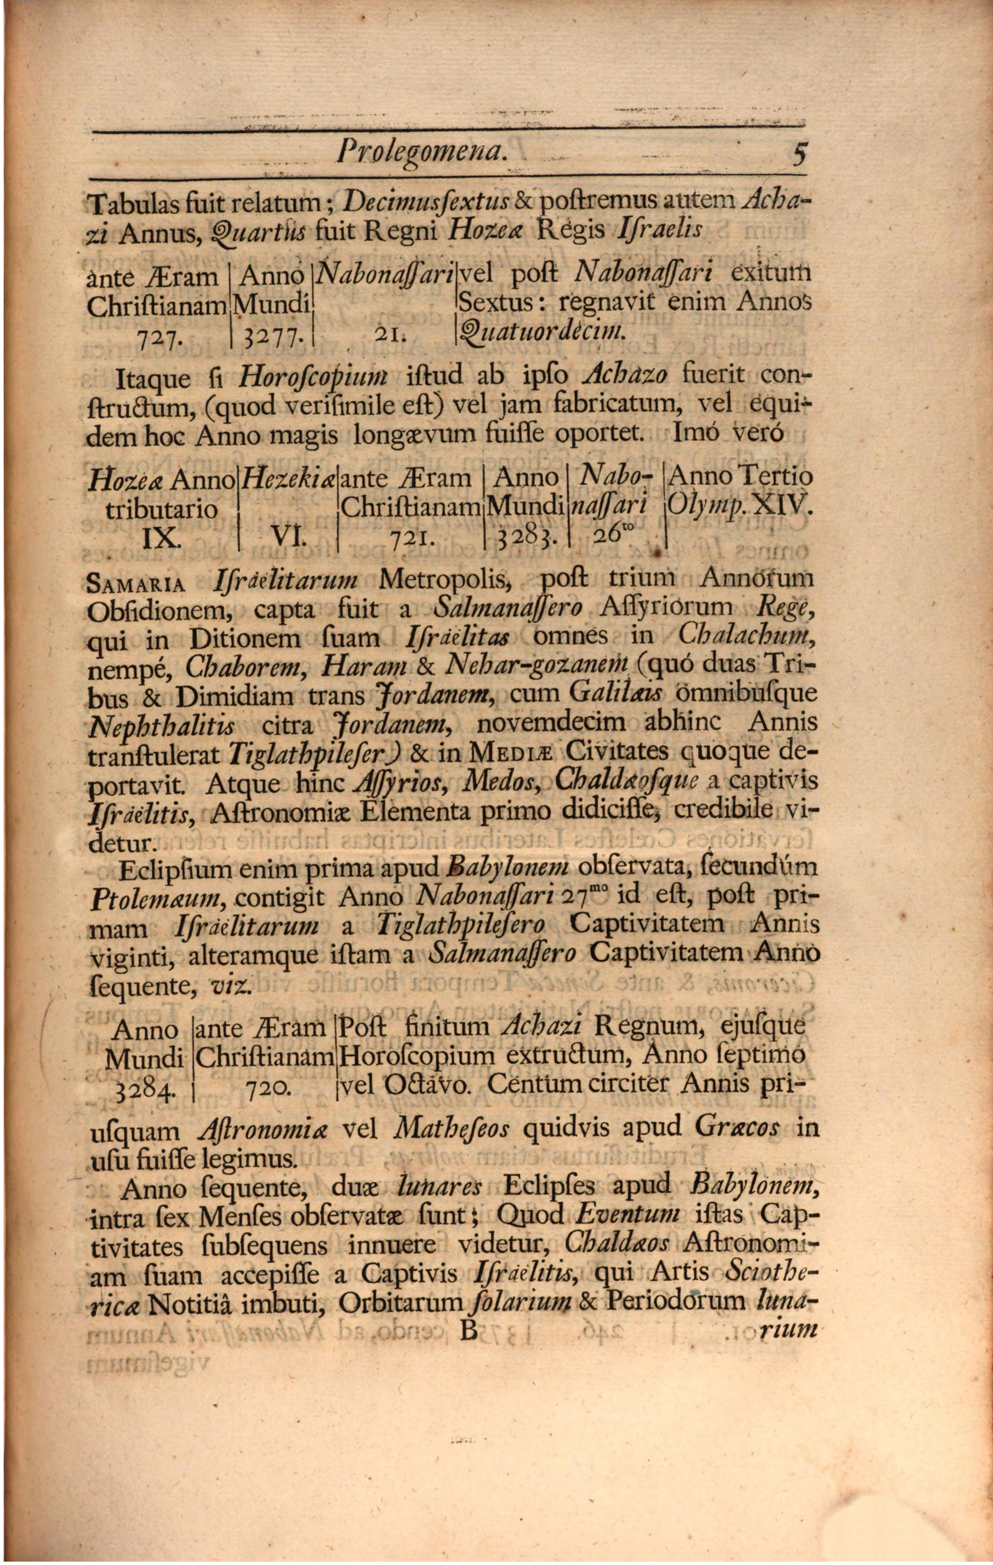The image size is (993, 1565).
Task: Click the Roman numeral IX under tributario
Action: pyautogui.click(x=158, y=538)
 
